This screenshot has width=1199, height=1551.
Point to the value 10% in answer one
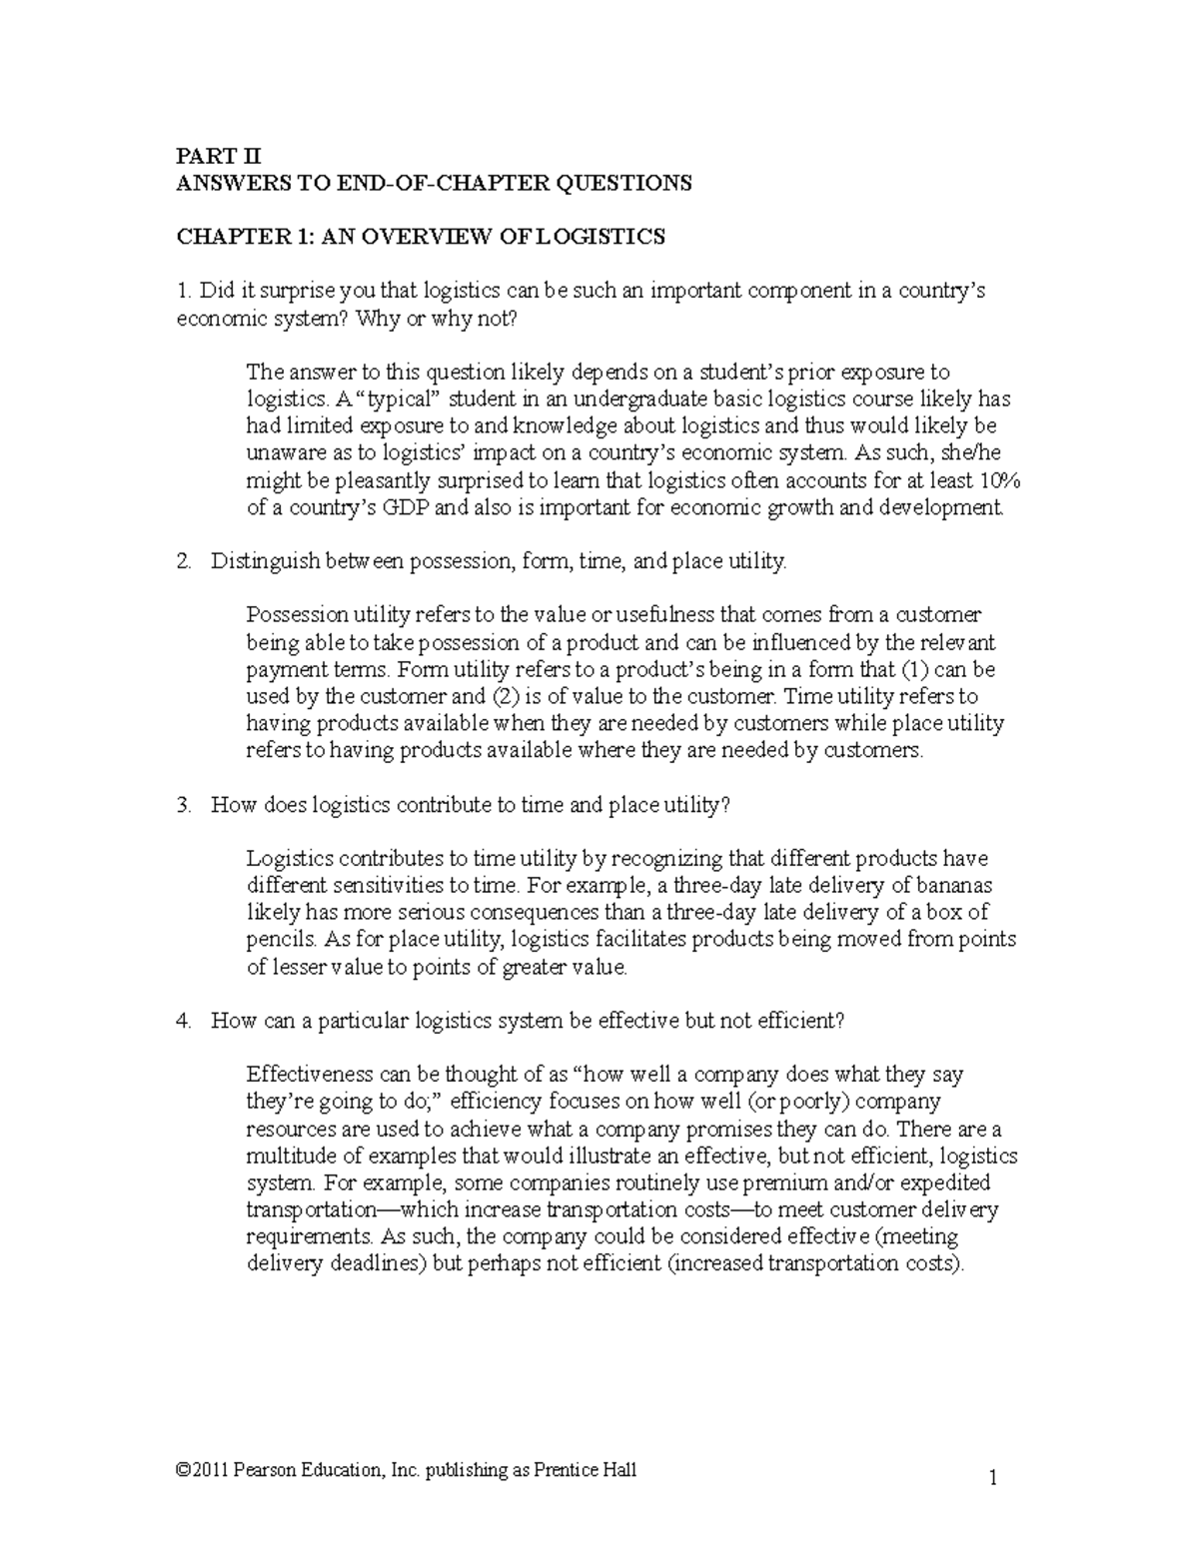pos(998,480)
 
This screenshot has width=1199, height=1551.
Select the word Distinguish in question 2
pos(259,561)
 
